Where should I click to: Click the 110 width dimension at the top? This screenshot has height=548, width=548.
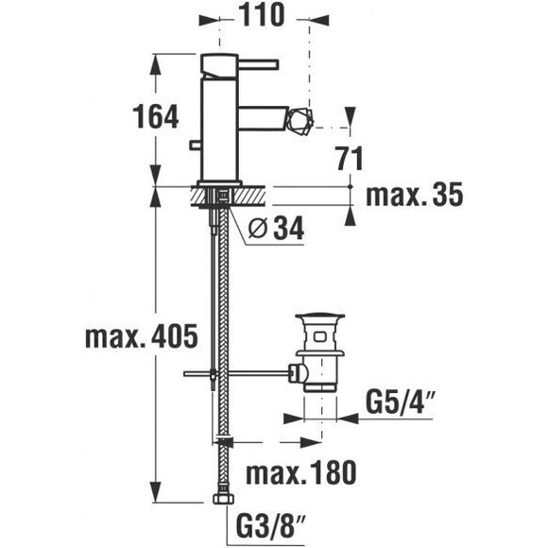click(x=262, y=15)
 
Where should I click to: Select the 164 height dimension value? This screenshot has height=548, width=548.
click(x=156, y=116)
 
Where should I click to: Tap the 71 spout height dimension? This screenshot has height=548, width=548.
click(x=351, y=159)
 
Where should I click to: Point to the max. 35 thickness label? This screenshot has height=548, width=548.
click(x=415, y=195)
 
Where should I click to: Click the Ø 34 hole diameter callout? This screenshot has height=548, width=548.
click(x=276, y=230)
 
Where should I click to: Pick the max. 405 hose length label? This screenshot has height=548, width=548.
click(x=142, y=336)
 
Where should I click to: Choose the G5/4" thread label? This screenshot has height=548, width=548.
click(x=401, y=402)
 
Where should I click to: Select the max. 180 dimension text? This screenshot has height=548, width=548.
click(x=301, y=472)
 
